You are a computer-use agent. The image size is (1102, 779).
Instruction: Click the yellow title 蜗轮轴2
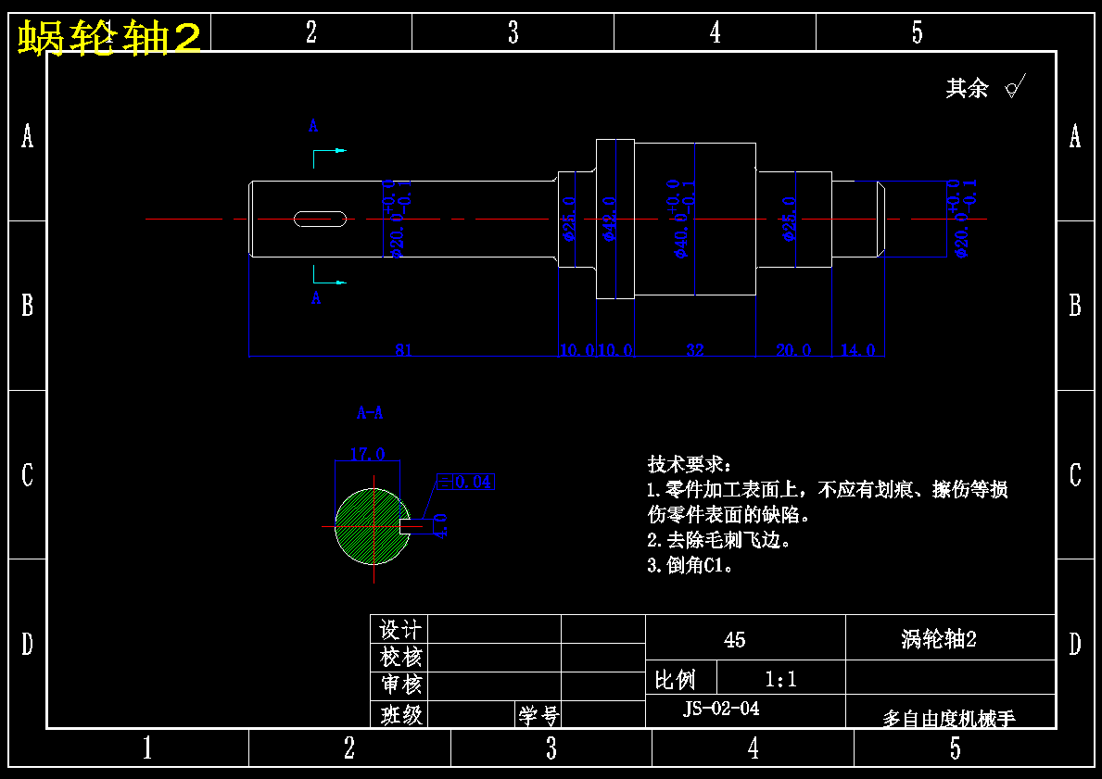(x=109, y=38)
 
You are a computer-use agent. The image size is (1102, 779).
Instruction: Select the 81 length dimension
(x=403, y=349)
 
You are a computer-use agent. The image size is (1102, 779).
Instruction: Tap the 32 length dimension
(x=695, y=349)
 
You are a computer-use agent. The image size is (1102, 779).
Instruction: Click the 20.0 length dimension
(x=793, y=349)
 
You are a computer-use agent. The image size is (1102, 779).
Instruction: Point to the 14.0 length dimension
(x=857, y=349)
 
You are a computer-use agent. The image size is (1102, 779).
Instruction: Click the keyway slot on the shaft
(x=321, y=219)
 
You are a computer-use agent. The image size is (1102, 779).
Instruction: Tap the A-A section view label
(x=370, y=413)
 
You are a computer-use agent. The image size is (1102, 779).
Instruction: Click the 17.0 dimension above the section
(x=367, y=454)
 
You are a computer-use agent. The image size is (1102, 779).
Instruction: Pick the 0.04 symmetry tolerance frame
(x=465, y=482)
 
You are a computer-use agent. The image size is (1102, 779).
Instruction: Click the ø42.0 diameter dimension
(x=609, y=219)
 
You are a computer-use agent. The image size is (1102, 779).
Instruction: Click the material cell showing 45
(x=734, y=640)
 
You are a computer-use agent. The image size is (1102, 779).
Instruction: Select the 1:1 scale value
(x=780, y=680)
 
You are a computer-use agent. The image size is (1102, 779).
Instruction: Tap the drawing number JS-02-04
(x=721, y=709)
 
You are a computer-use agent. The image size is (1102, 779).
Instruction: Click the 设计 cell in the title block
(x=400, y=630)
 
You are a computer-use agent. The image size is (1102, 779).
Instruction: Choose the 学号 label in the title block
(x=538, y=715)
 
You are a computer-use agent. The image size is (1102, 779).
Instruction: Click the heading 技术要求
(x=689, y=464)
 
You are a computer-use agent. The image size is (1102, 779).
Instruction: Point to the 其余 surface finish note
(x=968, y=88)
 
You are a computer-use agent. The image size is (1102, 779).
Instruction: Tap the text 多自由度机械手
(x=949, y=718)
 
